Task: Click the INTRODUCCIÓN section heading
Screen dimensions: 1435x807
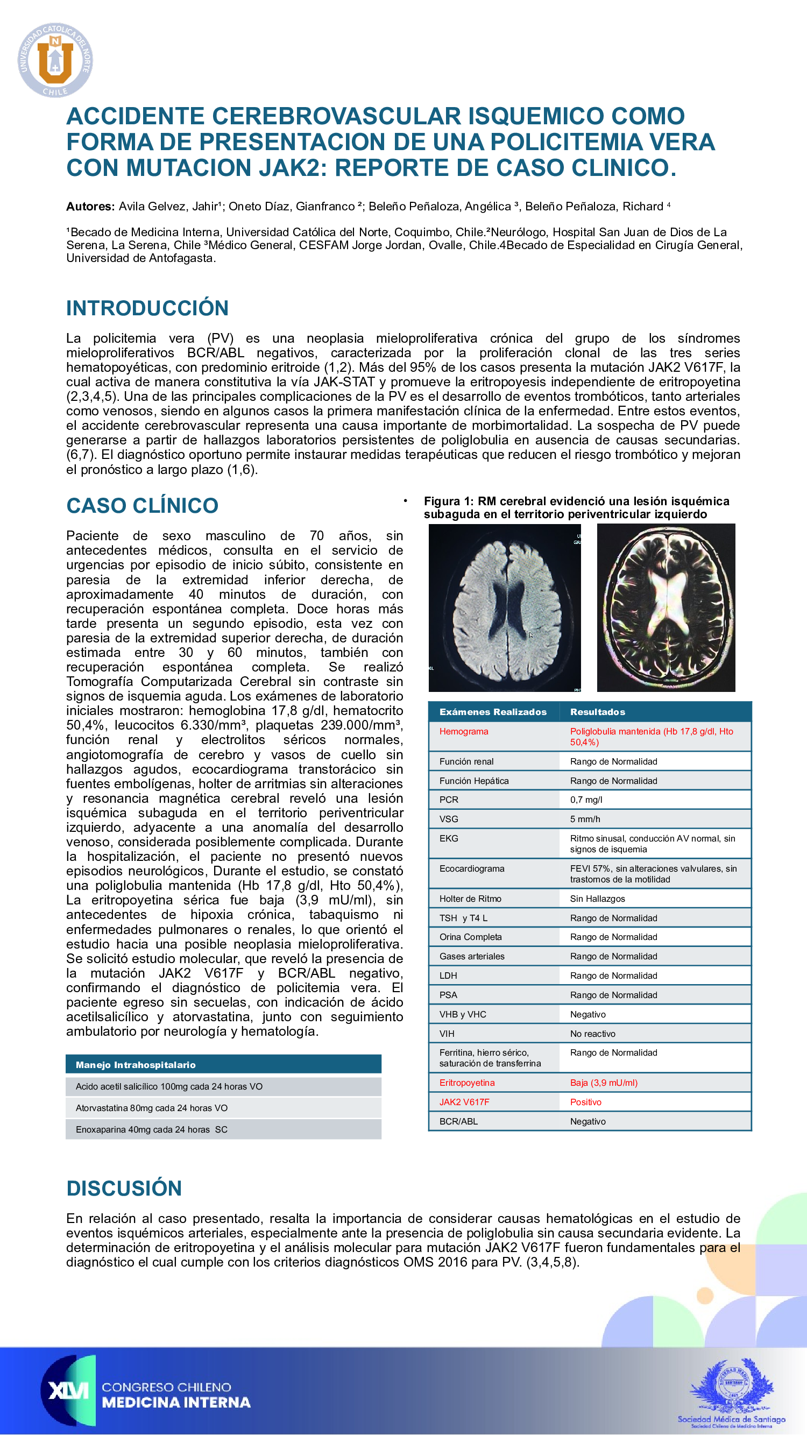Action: (x=147, y=308)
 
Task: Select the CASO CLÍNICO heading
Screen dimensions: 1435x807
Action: (x=142, y=505)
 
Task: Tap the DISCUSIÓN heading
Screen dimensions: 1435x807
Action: (x=124, y=1188)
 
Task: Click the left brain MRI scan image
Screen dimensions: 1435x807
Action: (x=505, y=607)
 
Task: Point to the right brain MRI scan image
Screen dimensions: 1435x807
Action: (x=666, y=607)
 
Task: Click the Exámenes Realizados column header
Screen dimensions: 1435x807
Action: (x=492, y=712)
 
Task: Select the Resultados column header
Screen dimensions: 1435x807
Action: (x=597, y=712)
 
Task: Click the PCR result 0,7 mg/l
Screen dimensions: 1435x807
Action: (x=586, y=800)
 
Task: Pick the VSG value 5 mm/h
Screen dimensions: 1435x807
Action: (x=585, y=819)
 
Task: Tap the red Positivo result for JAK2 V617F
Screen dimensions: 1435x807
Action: (x=585, y=1102)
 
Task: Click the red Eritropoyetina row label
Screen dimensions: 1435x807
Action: (x=466, y=1083)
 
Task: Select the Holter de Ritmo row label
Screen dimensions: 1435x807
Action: (x=470, y=899)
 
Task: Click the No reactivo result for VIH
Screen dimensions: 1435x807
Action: (x=592, y=1034)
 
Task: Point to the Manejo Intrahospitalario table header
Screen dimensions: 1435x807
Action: (x=136, y=1065)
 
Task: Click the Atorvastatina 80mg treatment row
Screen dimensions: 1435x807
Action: (x=152, y=1108)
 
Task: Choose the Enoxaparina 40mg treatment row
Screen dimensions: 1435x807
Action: (x=152, y=1129)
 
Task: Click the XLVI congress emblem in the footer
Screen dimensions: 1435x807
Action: (x=68, y=1390)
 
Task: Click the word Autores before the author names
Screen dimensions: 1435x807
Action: (x=90, y=207)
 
